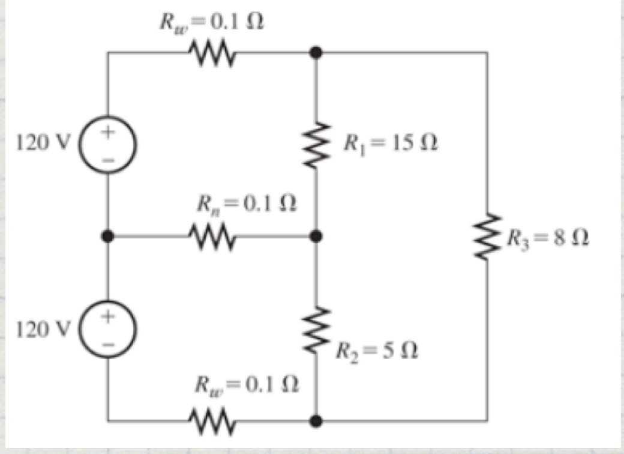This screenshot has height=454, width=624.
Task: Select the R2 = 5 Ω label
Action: pyautogui.click(x=377, y=350)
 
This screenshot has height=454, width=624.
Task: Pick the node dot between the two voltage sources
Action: pyautogui.click(x=108, y=236)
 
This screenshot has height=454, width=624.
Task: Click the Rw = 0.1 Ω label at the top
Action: pyautogui.click(x=212, y=22)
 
